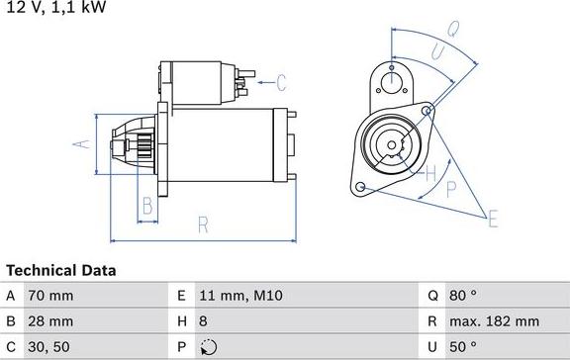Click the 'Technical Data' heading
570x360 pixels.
(x=61, y=270)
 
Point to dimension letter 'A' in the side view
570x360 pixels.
(x=83, y=144)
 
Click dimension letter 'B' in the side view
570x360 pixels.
(x=146, y=206)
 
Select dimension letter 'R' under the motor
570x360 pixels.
(x=202, y=225)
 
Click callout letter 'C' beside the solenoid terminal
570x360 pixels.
(x=280, y=82)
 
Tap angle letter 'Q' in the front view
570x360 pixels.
(x=450, y=30)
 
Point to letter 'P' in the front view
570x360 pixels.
(x=450, y=188)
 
